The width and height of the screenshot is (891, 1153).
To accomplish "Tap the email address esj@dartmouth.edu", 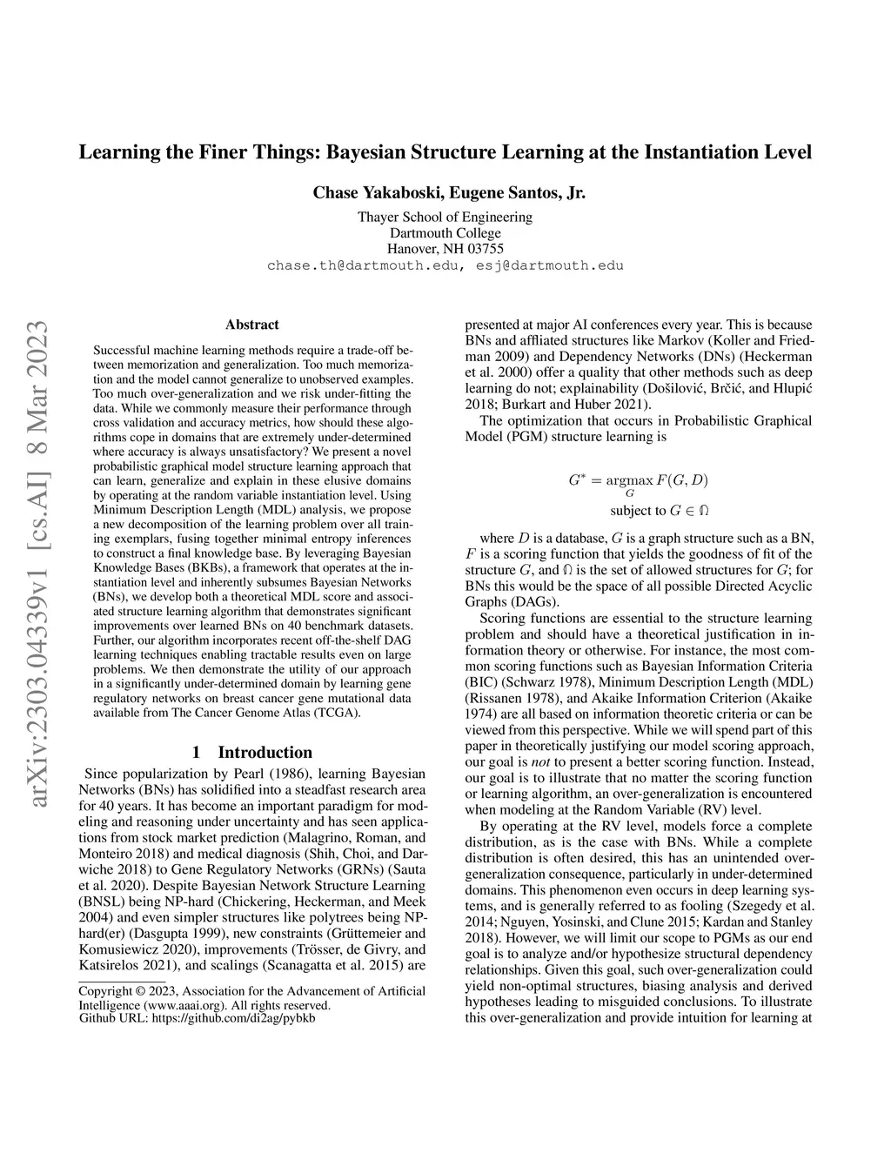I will (550, 265).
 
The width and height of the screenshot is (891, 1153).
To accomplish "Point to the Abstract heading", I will (252, 325).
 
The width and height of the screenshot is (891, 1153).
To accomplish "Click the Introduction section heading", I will (265, 752).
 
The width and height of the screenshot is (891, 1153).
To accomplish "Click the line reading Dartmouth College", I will (445, 232).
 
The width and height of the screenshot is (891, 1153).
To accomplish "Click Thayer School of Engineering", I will (445, 217).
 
